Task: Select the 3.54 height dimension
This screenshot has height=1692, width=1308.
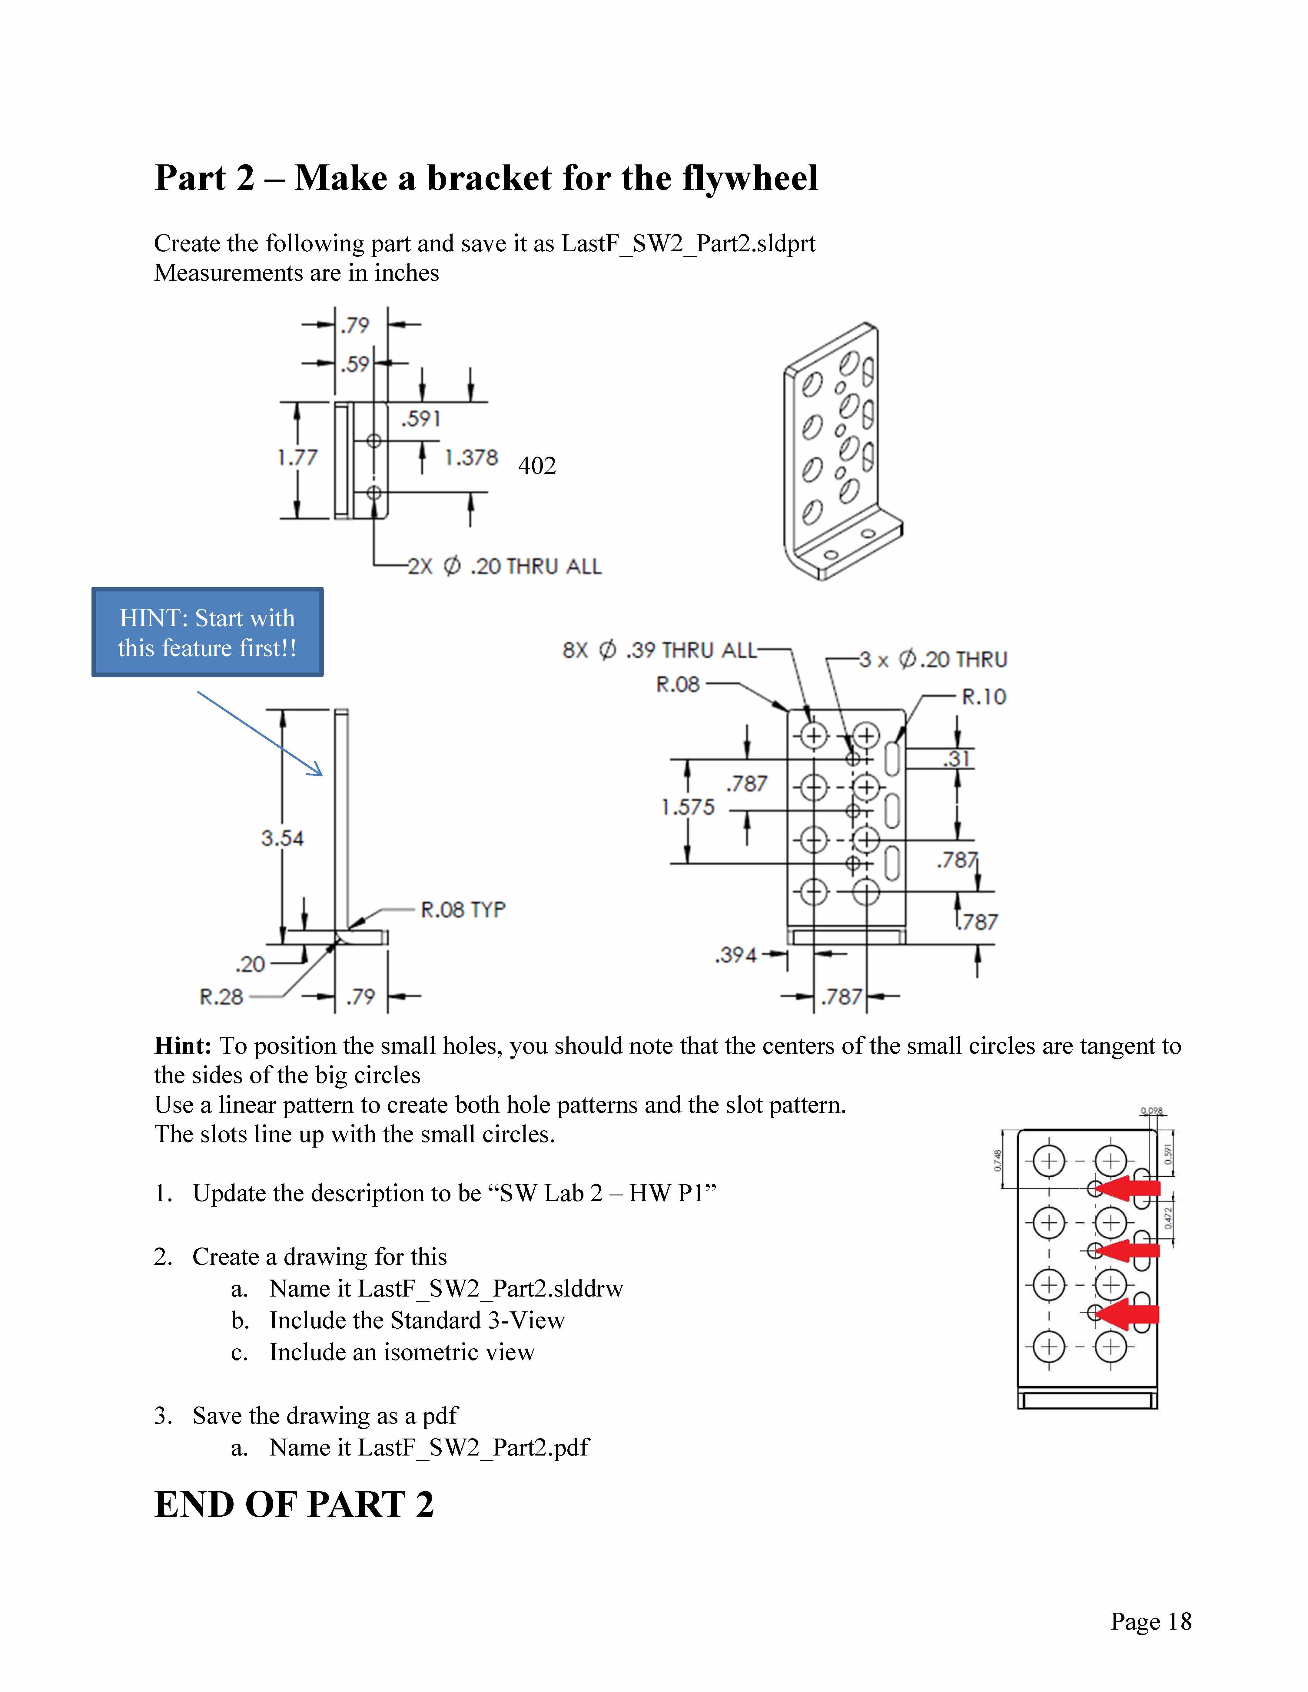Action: [282, 838]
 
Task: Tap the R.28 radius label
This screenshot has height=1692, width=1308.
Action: [222, 997]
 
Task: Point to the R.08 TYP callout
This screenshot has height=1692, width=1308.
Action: [463, 910]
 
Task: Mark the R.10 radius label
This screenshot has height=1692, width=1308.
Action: [983, 697]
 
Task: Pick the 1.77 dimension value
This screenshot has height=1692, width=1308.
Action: [297, 458]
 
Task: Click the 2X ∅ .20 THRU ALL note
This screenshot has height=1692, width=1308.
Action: [504, 567]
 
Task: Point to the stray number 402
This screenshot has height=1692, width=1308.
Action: [537, 466]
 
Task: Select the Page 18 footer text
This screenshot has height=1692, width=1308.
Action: [1151, 1621]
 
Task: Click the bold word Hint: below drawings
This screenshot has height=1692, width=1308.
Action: [183, 1046]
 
